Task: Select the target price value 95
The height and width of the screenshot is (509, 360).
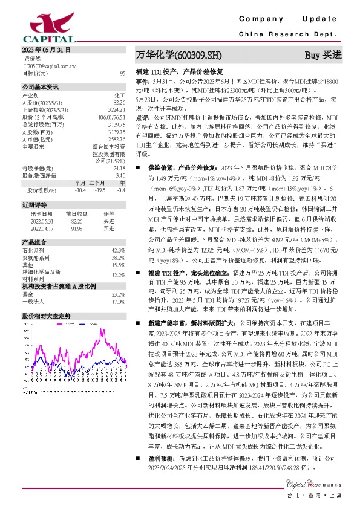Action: tap(123, 73)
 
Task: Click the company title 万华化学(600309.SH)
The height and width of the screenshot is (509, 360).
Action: tap(179, 55)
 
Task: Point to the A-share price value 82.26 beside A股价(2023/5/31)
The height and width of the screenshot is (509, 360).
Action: tap(119, 102)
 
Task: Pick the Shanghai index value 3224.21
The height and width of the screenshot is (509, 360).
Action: tap(117, 109)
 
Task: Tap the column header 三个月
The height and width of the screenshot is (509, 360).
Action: tap(97, 182)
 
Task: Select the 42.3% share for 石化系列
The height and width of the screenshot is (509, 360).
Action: tap(119, 250)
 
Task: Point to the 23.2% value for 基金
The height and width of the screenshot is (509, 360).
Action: tap(119, 294)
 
